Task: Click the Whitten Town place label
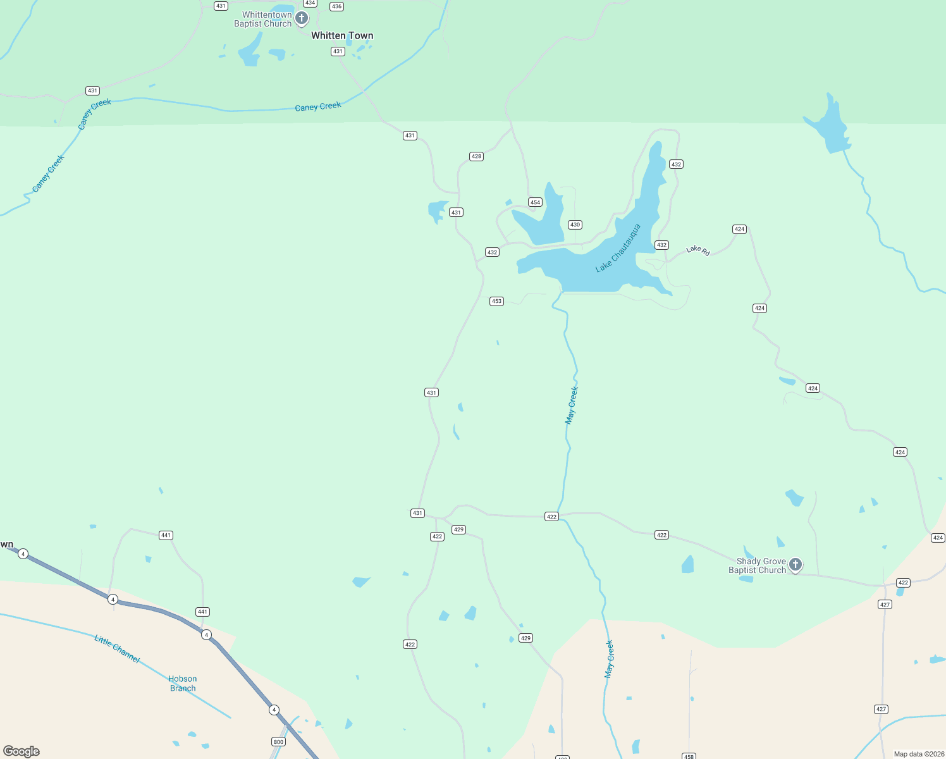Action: pos(342,36)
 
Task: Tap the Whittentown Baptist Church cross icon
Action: pos(302,18)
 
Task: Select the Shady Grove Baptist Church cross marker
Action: pos(795,564)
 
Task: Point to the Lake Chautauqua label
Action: pos(618,249)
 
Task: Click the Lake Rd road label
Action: pos(698,250)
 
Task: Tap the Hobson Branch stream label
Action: pos(183,684)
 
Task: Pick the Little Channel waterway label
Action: pos(117,649)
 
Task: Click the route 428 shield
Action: pos(476,156)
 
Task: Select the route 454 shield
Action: pos(535,202)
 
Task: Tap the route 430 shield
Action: pos(575,225)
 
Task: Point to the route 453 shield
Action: pos(496,301)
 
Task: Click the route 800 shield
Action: pos(278,742)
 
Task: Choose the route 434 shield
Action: pos(310,3)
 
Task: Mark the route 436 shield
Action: pos(336,6)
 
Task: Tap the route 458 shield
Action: pos(689,756)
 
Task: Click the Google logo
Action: pos(21,751)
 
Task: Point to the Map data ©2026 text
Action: pos(918,754)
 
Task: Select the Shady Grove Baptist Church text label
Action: pos(757,565)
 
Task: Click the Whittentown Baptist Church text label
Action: pos(264,19)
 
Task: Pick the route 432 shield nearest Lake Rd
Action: pos(661,245)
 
